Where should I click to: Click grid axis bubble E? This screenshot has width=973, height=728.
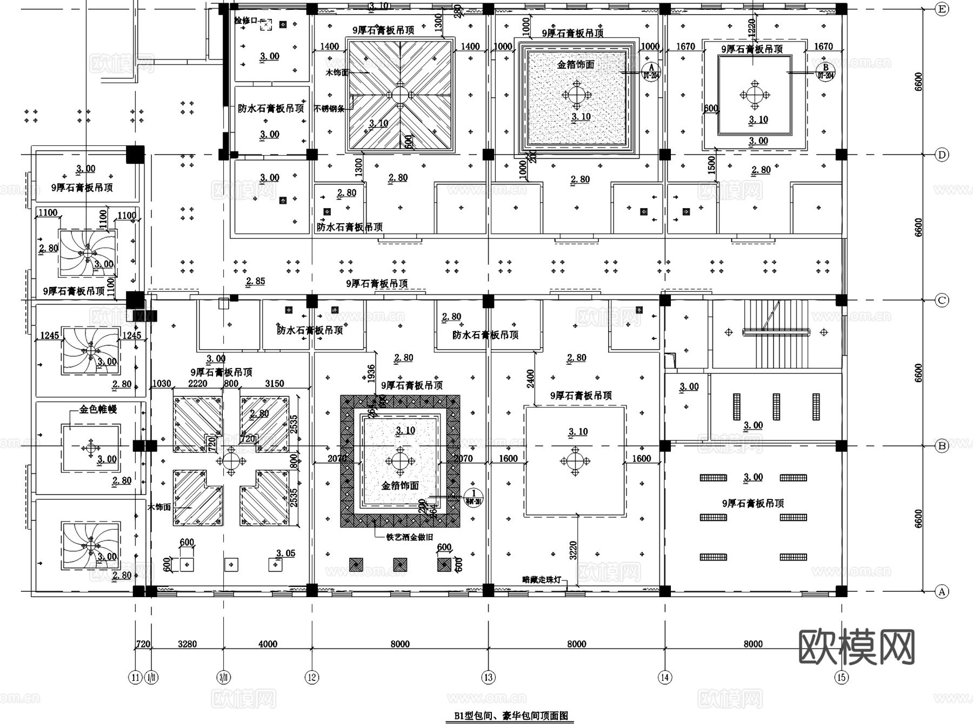[x=942, y=9]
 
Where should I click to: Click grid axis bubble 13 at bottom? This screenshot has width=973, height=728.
[x=488, y=677]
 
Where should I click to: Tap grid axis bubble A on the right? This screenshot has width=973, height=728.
[x=942, y=592]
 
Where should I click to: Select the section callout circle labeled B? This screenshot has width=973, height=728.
[x=825, y=70]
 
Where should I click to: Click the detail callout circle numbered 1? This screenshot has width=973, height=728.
[x=474, y=496]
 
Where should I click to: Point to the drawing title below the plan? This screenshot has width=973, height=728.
[x=510, y=716]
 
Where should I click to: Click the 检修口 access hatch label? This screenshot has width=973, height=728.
[x=246, y=21]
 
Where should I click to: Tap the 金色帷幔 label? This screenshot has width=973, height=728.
[x=98, y=409]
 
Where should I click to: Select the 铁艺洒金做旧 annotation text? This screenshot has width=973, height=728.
[x=409, y=537]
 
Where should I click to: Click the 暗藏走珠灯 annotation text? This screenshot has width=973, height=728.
[x=541, y=579]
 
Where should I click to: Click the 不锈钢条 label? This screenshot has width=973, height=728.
[x=329, y=109]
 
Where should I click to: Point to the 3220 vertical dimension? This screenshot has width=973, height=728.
[x=573, y=550]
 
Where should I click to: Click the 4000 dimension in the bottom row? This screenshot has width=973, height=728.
[x=268, y=644]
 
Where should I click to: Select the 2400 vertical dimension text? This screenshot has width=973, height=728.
[x=530, y=378]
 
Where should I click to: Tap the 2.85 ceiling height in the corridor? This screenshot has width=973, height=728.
[x=255, y=281]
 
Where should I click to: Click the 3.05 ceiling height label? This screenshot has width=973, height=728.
[x=285, y=553]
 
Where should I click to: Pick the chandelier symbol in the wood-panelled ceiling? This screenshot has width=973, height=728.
[x=400, y=95]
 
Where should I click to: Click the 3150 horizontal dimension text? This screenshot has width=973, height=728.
[x=274, y=383]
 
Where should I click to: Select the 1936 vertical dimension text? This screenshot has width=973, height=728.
[x=371, y=374]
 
